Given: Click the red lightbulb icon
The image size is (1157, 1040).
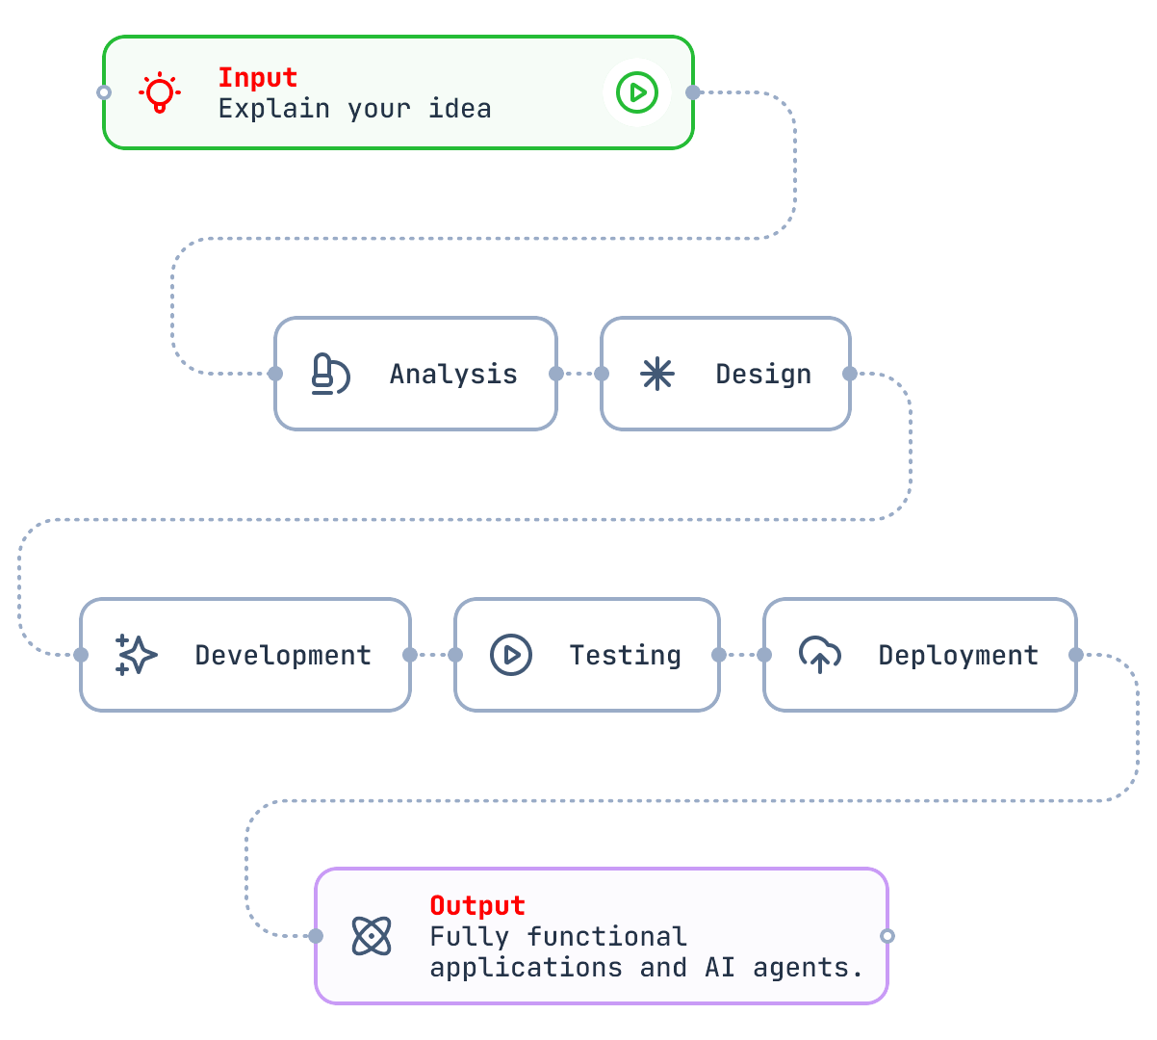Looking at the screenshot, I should (160, 93).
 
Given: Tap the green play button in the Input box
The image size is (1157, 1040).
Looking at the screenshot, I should (636, 92).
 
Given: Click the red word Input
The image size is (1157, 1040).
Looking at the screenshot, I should (257, 77).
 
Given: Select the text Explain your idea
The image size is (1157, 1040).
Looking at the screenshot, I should (354, 109).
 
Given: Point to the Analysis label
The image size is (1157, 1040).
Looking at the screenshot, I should (453, 374).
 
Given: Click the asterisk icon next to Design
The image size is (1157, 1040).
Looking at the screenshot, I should (657, 374).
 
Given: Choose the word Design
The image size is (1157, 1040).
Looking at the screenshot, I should (763, 374).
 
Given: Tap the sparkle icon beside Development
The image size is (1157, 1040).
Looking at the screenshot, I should (137, 655).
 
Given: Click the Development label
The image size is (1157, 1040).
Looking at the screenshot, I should (283, 655).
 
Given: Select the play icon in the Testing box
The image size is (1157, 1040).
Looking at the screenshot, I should (511, 655).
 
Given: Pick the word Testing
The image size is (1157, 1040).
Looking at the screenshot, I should (625, 655).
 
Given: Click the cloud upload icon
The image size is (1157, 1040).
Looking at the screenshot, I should (820, 655).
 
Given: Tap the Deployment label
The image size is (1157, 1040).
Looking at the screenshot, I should (958, 655).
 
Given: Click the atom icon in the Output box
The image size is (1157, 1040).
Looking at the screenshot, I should (372, 936).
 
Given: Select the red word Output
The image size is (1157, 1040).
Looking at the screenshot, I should (477, 905).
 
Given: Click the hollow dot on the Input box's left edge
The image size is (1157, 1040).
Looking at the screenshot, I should (104, 92).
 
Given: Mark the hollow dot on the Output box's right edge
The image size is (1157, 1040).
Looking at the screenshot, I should (887, 936).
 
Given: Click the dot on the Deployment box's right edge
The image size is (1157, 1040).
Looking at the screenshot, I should (1076, 655).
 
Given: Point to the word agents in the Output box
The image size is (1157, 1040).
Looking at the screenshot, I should (807, 968).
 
